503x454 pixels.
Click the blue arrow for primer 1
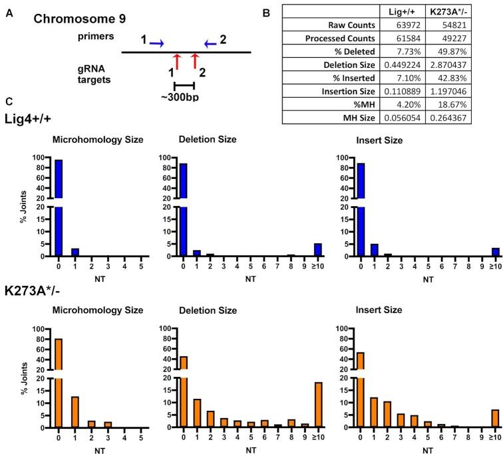(x=157, y=44)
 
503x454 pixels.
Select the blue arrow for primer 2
(x=210, y=44)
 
